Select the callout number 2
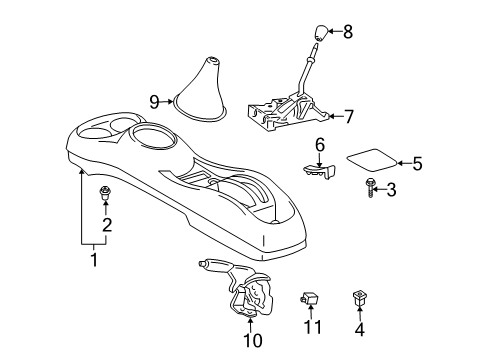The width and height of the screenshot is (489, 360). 106,225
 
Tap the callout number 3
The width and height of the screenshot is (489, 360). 392,189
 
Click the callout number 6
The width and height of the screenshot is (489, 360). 320,145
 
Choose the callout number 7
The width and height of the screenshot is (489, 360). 348,116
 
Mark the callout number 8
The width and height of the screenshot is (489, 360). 348,32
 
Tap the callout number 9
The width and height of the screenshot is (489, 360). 155,101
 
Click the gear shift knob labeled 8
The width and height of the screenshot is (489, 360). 318,37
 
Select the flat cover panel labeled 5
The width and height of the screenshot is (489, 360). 372,160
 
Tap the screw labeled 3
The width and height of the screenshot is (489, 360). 369,188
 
